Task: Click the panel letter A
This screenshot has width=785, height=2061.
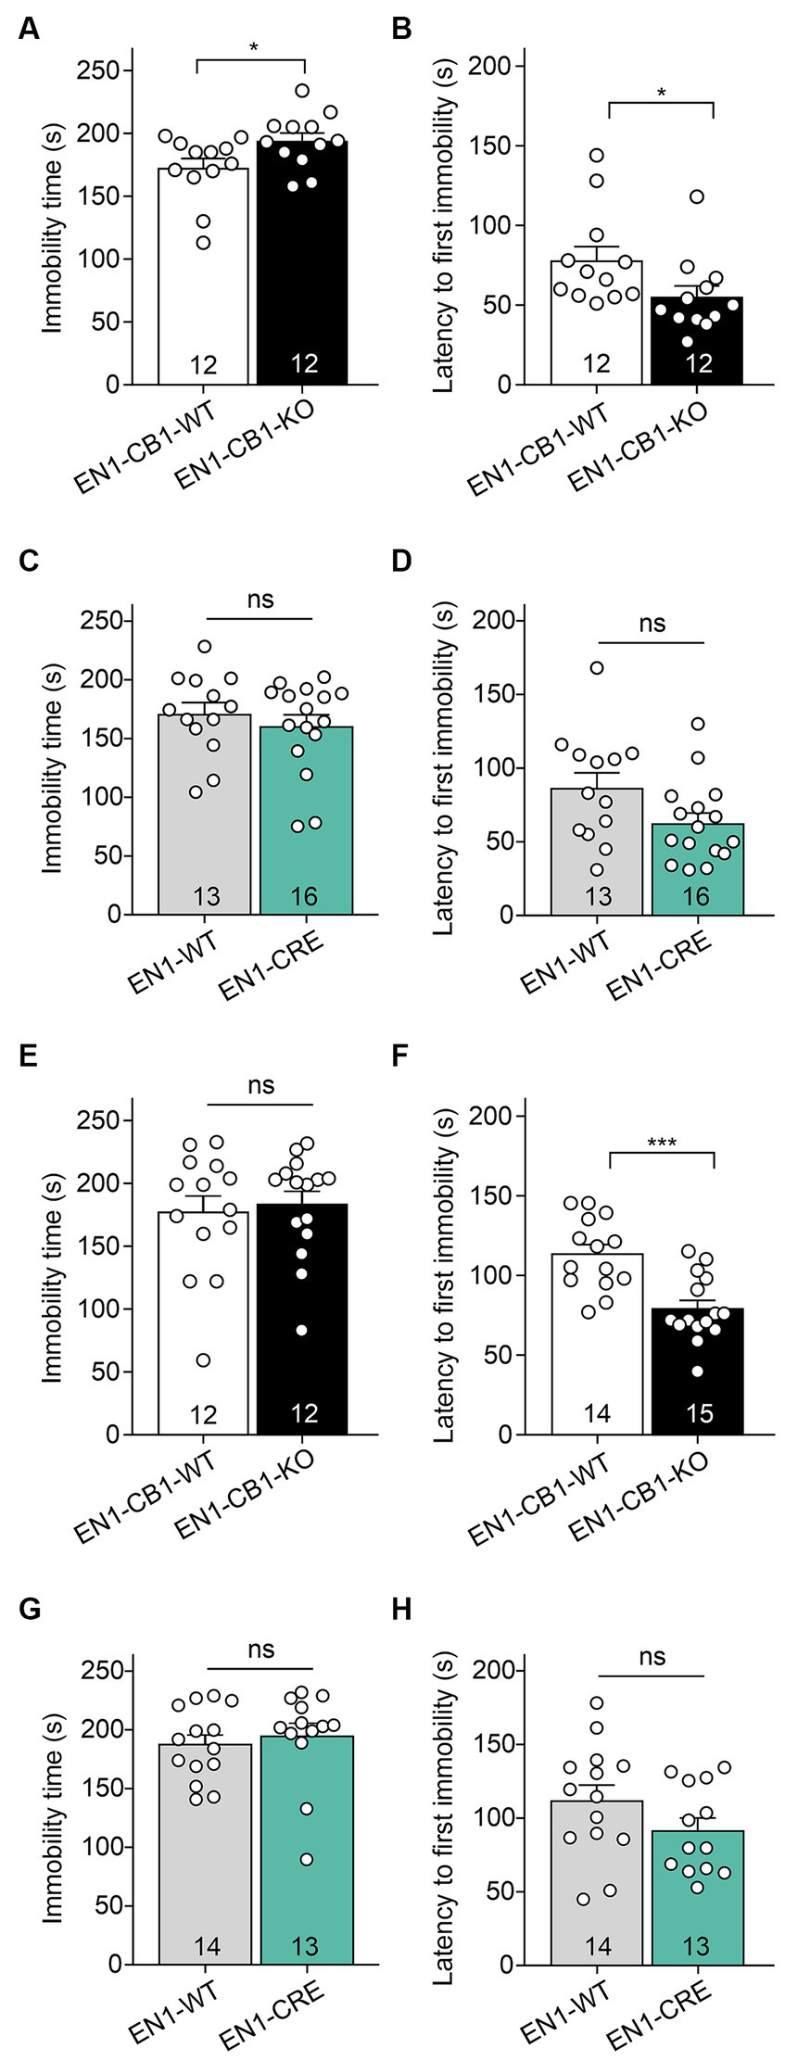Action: pyautogui.click(x=29, y=30)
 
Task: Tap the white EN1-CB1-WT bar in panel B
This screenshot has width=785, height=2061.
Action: pyautogui.click(x=597, y=324)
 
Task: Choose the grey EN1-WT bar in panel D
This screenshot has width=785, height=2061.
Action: pyautogui.click(x=597, y=853)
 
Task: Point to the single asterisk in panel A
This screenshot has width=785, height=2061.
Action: pyautogui.click(x=253, y=46)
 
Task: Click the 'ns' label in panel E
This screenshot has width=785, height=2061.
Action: pyautogui.click(x=261, y=1085)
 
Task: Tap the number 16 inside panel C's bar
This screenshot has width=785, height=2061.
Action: pyautogui.click(x=305, y=896)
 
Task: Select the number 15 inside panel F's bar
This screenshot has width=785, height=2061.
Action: pyautogui.click(x=698, y=1413)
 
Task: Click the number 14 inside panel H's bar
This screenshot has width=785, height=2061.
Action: pyautogui.click(x=598, y=1946)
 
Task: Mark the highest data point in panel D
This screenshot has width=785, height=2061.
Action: pyautogui.click(x=597, y=667)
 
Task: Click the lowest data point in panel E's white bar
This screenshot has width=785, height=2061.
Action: pyautogui.click(x=204, y=1360)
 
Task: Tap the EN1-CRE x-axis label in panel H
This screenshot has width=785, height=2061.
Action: pyautogui.click(x=660, y=2013)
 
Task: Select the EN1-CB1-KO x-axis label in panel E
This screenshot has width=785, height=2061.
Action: pyautogui.click(x=246, y=1494)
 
